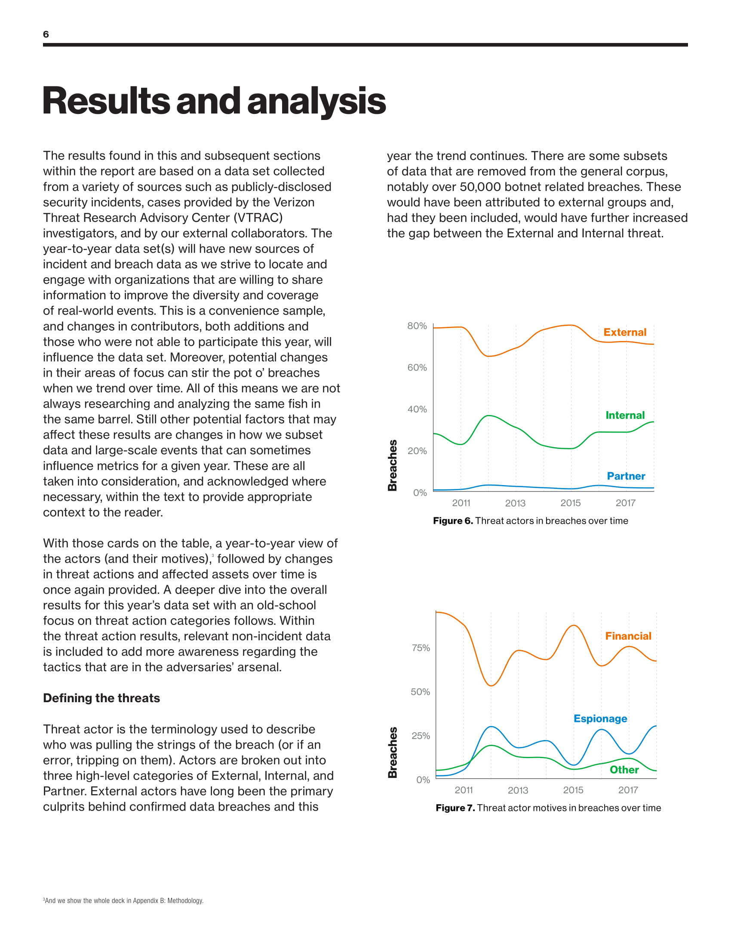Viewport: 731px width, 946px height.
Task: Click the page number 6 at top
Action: tap(46, 34)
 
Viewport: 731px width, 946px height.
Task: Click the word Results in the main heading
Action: tap(106, 101)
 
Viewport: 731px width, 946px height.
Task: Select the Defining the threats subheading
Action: tap(101, 698)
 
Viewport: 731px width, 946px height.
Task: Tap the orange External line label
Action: tap(624, 332)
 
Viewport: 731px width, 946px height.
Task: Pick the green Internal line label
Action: tap(624, 415)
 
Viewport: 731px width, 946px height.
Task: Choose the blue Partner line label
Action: tap(626, 476)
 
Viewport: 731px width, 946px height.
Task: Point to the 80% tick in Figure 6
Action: tap(417, 326)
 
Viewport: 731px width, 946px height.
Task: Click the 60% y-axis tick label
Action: tap(417, 367)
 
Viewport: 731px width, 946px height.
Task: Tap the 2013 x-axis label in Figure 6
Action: tap(515, 503)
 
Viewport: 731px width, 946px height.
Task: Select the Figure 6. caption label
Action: tap(452, 521)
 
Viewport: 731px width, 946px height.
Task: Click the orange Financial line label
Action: tap(628, 636)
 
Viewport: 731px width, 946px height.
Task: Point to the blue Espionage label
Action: tap(600, 719)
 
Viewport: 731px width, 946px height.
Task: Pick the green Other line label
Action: tap(624, 770)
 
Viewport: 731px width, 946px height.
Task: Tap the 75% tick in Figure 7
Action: tap(421, 648)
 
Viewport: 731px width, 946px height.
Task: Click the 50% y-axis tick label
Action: tap(420, 692)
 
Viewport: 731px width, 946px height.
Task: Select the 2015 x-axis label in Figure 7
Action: tap(573, 790)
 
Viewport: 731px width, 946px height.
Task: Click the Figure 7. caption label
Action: tap(455, 808)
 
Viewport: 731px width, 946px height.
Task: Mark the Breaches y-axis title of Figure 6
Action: tap(392, 465)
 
